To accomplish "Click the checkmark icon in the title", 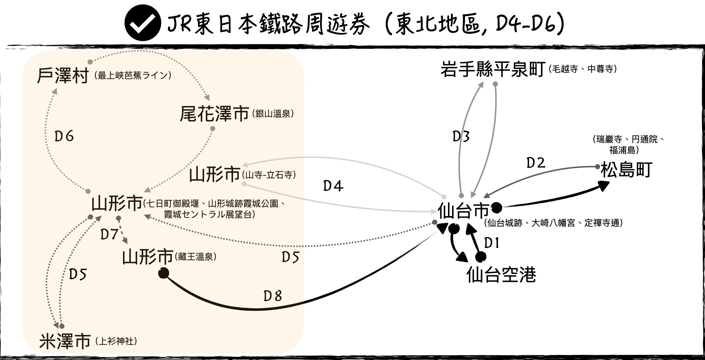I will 142,23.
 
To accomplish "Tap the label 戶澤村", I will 63,76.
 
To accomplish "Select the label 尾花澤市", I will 214,114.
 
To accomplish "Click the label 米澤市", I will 65,341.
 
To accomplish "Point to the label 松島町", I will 626,170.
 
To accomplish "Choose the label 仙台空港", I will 501,274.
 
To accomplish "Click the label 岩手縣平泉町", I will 492,69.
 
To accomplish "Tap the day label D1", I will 492,243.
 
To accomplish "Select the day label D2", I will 536,163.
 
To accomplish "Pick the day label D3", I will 461,137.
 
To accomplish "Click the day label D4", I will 333,186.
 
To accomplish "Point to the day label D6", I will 64,137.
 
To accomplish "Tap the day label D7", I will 109,234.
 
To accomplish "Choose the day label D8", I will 272,296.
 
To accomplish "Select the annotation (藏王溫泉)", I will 196,257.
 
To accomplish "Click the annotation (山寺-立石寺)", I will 269,175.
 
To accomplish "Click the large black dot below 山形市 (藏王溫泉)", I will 163,273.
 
